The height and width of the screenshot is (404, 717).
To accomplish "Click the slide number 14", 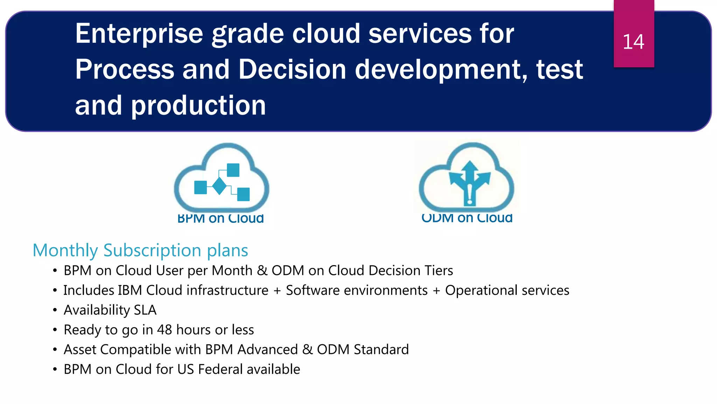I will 633,42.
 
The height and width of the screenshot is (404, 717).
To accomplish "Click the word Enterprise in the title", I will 139,34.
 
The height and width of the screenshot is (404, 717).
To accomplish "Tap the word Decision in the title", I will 292,69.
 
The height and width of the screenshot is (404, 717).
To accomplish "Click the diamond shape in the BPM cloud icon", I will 220,186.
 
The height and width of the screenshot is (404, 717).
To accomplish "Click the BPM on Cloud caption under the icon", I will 221,218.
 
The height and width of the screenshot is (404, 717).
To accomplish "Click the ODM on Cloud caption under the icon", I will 467,218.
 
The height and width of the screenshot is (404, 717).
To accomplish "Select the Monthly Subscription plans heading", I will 140,250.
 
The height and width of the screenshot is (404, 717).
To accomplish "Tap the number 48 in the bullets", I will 165,330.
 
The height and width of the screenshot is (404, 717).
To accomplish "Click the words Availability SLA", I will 110,310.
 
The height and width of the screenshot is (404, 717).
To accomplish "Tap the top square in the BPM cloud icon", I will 233,170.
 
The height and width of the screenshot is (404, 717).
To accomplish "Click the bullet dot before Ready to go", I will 55,330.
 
